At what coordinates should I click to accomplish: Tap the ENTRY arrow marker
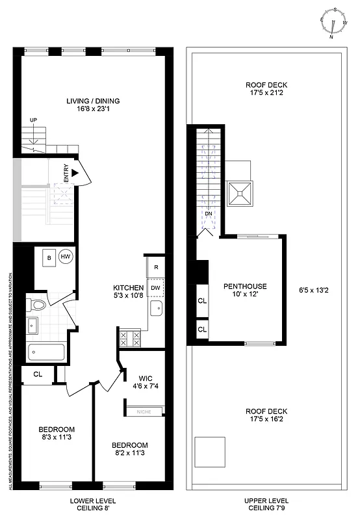[x=75, y=174]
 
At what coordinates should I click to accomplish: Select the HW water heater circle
[x=66, y=257]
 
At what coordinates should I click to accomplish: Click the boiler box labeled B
[x=49, y=257]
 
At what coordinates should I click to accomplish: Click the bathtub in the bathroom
[x=46, y=353]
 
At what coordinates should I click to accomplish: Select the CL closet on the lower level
[x=37, y=374]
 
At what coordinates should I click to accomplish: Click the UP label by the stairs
[x=32, y=120]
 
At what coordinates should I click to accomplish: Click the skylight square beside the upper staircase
[x=240, y=192]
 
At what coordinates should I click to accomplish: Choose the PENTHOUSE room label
[x=245, y=291]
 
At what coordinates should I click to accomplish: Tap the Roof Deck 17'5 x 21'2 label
[x=266, y=90]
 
